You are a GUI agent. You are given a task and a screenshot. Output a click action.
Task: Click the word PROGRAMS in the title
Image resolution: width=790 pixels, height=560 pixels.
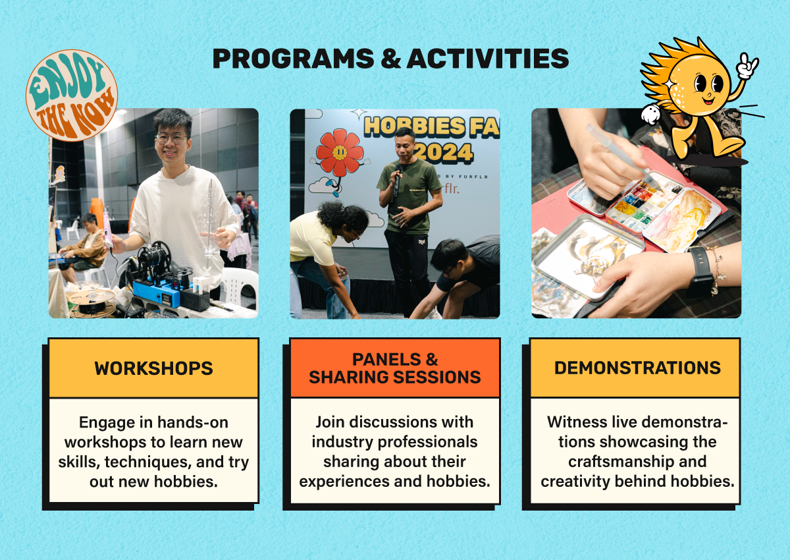coord(294,58)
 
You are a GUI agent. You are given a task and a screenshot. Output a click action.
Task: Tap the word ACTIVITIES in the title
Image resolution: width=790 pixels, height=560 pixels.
coord(488,58)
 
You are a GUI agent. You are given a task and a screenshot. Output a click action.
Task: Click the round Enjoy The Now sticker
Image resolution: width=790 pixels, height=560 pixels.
coord(72,96)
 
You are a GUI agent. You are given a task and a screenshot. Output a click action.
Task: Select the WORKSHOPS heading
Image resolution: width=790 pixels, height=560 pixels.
coord(154,368)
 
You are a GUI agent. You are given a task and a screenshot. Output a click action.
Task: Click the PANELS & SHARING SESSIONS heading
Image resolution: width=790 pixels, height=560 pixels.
coord(394,368)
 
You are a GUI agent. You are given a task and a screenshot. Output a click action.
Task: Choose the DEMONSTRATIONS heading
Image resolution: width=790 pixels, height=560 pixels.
coord(637,368)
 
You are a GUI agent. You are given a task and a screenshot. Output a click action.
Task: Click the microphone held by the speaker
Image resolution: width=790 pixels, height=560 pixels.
coord(397,180)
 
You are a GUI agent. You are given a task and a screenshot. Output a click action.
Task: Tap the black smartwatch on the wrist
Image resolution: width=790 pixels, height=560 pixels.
coord(699,271)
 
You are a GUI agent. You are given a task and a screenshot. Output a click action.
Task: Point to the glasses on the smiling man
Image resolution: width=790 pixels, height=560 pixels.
coord(171,138)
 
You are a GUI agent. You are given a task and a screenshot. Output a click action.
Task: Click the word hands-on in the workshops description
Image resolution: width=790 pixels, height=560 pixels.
coord(192,422)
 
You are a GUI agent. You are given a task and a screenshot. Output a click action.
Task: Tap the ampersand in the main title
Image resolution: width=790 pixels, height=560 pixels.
coord(390,59)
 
